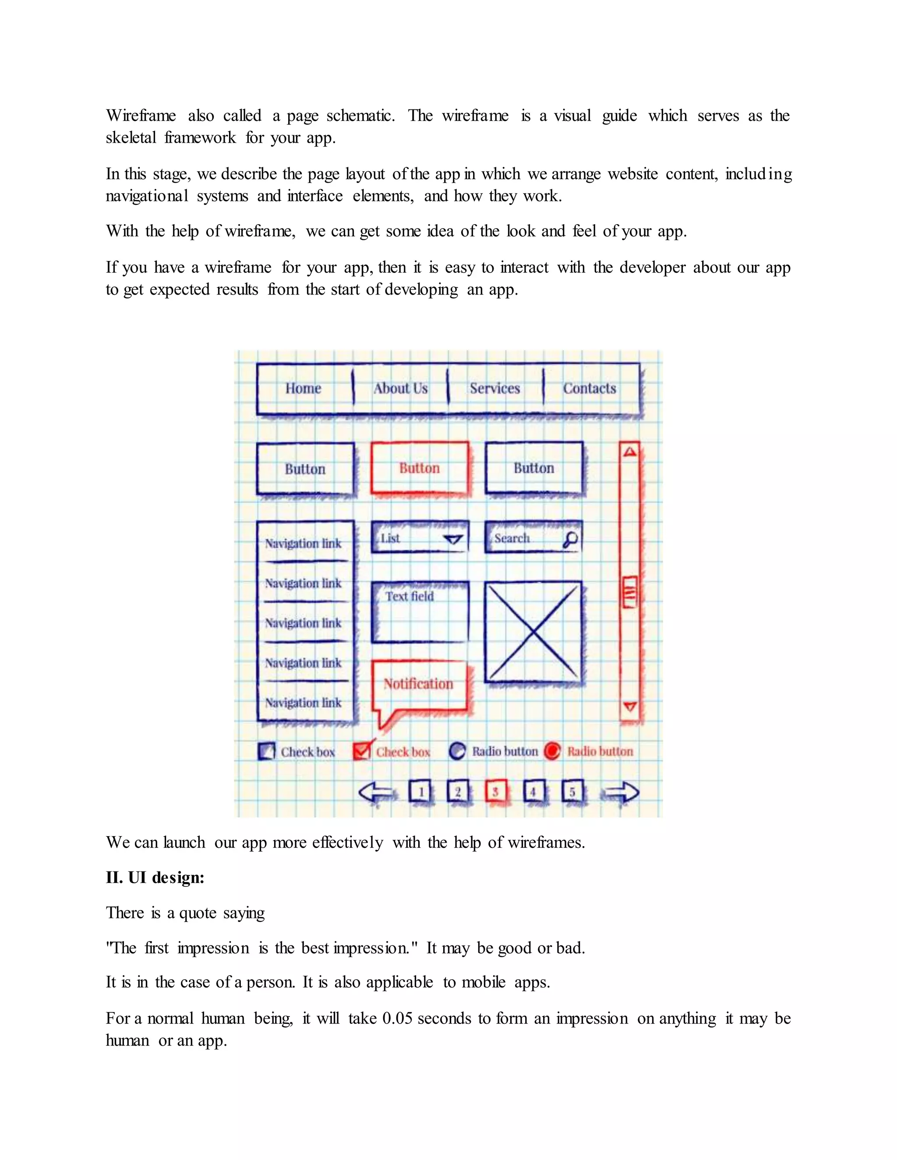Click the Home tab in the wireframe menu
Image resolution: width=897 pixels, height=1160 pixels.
click(x=303, y=388)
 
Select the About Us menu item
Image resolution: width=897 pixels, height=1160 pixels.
click(x=400, y=388)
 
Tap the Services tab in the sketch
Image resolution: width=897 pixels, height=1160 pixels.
click(x=494, y=388)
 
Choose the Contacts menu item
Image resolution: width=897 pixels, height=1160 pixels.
click(x=590, y=388)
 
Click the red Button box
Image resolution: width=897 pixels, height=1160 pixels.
click(x=420, y=468)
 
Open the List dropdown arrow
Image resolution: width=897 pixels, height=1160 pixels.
click(x=453, y=539)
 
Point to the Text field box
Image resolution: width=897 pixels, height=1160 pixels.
click(x=420, y=612)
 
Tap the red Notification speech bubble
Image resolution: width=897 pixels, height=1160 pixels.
click(x=419, y=685)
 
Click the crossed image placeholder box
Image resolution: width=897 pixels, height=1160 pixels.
click(x=533, y=632)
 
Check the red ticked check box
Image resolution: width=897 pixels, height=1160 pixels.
click(x=361, y=750)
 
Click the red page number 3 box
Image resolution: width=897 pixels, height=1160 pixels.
click(x=495, y=792)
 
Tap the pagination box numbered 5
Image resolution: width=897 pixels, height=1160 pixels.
click(x=572, y=792)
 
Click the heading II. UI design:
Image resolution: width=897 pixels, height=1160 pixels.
click(x=155, y=877)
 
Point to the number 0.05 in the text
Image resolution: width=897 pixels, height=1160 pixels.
click(x=397, y=1018)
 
